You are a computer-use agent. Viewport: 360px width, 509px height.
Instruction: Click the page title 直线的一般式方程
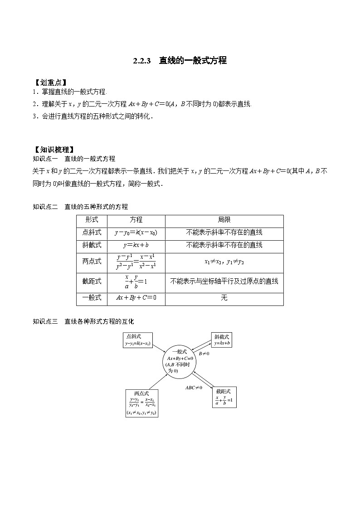[192, 60]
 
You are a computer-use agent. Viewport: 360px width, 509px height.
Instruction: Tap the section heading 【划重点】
[50, 82]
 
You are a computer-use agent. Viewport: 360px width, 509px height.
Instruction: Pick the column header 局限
[224, 220]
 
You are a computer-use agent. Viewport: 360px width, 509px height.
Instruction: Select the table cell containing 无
[224, 298]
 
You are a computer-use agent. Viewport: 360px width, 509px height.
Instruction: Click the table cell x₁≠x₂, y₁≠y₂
[224, 262]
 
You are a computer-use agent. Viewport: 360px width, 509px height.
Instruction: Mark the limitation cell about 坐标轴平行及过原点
[224, 281]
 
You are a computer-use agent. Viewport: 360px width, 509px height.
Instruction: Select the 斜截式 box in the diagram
[222, 340]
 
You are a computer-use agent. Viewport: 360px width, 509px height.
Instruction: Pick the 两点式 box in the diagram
[141, 402]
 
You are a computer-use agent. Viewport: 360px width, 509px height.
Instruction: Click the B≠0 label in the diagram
[204, 354]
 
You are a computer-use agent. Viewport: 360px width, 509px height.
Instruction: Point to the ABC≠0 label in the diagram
[194, 388]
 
